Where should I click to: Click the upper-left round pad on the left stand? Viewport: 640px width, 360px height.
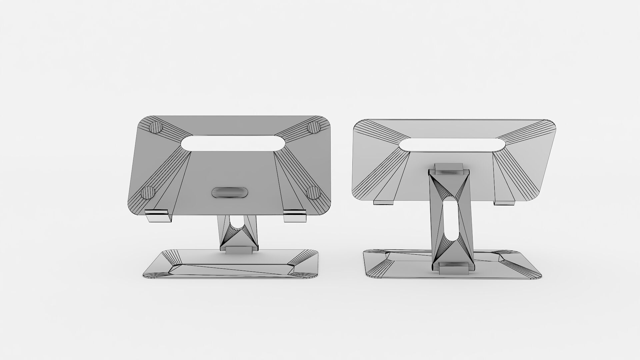[x=156, y=127]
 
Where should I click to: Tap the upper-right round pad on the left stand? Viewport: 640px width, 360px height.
[x=314, y=127]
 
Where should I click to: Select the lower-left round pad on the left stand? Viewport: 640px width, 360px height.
[x=148, y=192]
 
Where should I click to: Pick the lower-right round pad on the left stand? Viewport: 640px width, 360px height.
[x=313, y=192]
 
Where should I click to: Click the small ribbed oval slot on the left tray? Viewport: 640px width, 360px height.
[x=230, y=192]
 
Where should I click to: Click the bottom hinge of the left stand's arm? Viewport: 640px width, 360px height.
[x=239, y=250]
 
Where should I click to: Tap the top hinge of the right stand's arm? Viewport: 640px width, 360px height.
[x=449, y=169]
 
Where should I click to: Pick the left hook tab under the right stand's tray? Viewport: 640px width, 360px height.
[x=384, y=202]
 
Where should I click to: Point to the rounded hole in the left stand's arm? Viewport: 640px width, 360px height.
[x=237, y=223]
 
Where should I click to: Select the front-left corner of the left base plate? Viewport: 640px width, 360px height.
[x=148, y=276]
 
